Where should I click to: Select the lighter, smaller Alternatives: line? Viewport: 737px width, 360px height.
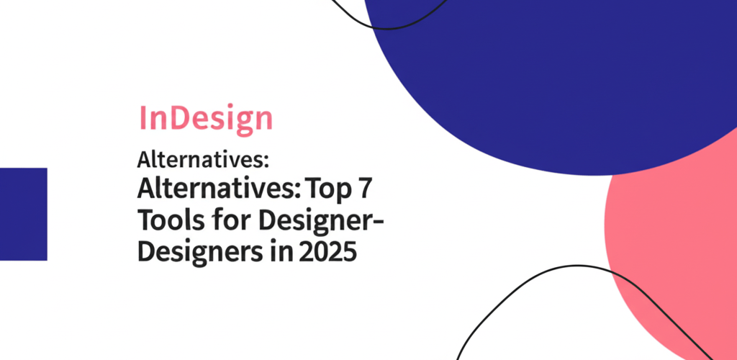coord(202,161)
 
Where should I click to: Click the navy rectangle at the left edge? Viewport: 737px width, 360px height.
coord(24,214)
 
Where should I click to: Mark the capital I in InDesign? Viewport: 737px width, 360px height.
coord(143,118)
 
